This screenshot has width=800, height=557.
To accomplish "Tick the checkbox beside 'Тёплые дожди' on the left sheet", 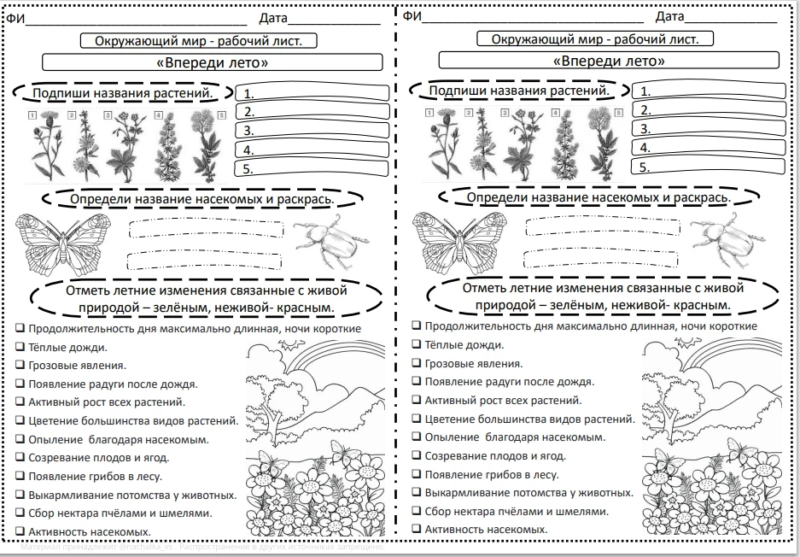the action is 20,347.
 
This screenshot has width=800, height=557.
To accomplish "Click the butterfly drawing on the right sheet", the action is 459,243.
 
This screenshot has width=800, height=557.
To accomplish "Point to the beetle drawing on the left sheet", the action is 331,242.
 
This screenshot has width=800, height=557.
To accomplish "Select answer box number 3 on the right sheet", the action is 709,128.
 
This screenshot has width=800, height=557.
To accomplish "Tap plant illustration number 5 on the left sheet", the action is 205,145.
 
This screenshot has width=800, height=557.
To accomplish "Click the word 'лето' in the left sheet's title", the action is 247,63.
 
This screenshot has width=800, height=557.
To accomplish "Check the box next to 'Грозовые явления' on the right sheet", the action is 417,363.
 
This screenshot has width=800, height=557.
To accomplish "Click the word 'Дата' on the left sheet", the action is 273,19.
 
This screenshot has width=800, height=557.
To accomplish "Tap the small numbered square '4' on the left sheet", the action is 159,115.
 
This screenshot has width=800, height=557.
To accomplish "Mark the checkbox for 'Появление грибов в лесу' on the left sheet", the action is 20,476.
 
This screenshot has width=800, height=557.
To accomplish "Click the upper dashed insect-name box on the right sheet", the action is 603,226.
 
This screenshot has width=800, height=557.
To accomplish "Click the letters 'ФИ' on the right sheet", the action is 412,16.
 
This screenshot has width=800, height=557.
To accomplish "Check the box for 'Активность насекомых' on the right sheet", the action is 417,529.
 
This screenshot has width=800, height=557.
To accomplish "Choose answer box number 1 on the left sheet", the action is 312,93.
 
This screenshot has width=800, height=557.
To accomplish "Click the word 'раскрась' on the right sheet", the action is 703,197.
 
